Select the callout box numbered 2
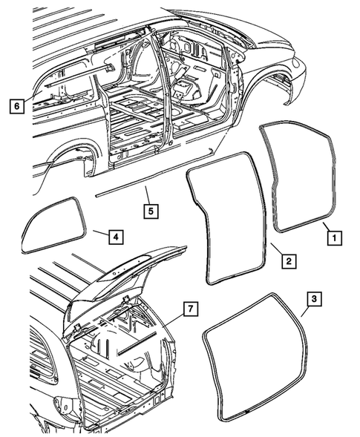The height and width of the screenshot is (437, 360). point(287,260)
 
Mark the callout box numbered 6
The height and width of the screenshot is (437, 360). point(16,105)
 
